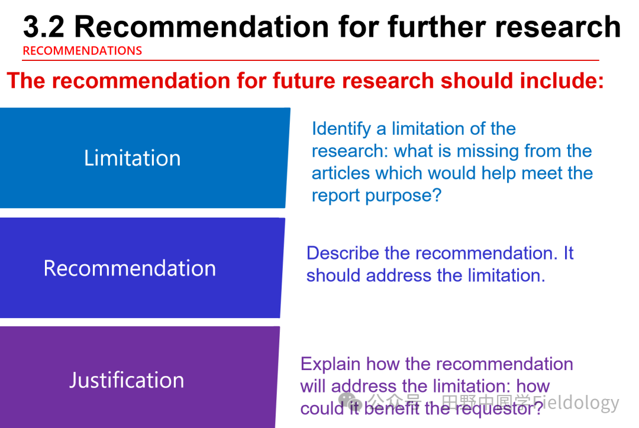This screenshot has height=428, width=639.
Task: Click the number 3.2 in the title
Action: pyautogui.click(x=44, y=27)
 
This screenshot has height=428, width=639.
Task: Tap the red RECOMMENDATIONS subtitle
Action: pyautogui.click(x=82, y=51)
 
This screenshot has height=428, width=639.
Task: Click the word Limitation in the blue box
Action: pyautogui.click(x=133, y=158)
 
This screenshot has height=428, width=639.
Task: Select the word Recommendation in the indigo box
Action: pyautogui.click(x=130, y=268)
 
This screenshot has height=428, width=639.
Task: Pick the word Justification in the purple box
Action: pyautogui.click(x=127, y=380)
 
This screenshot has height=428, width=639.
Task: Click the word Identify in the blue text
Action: pyautogui.click(x=341, y=129)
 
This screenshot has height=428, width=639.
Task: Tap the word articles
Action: pyautogui.click(x=341, y=173)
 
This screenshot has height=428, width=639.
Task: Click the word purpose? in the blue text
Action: pyautogui.click(x=403, y=196)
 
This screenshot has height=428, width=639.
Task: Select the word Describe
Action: pyautogui.click(x=343, y=253)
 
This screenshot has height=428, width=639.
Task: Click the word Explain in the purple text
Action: pyautogui.click(x=330, y=364)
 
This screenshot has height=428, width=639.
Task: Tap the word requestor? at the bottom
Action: pyautogui.click(x=499, y=408)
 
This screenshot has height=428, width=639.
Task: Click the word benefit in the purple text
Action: pyautogui.click(x=391, y=408)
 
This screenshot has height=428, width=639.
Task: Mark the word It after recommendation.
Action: pyautogui.click(x=569, y=253)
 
